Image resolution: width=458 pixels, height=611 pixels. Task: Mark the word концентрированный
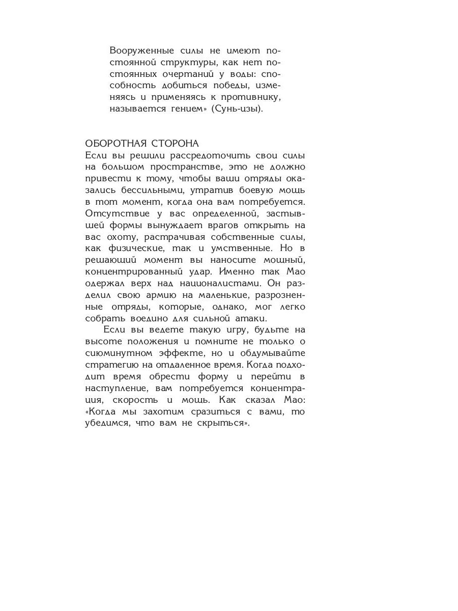[133, 272]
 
